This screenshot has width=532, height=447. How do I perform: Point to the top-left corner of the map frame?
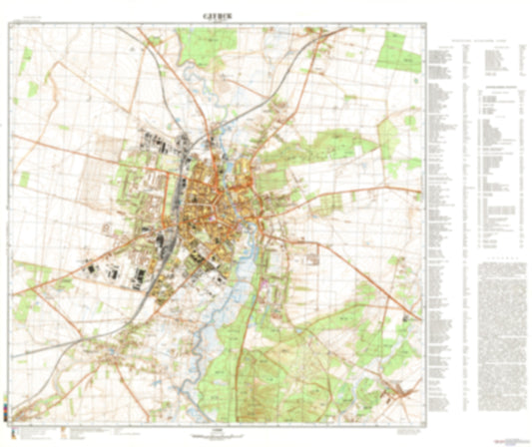[16, 25]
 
